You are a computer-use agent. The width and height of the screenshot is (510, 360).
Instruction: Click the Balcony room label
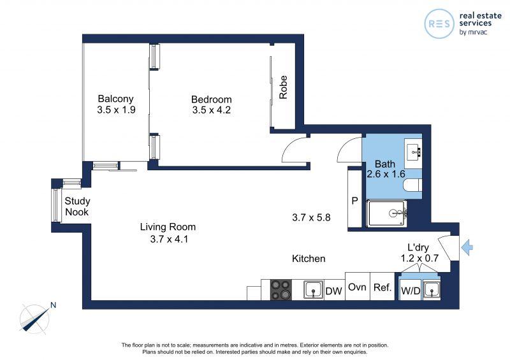pyautogui.click(x=116, y=99)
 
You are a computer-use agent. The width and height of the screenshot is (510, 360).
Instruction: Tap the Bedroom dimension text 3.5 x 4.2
pyautogui.click(x=212, y=110)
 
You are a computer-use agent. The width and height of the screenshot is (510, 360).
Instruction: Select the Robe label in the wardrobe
pyautogui.click(x=283, y=87)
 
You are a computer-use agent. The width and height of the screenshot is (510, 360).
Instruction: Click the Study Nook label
pyautogui.click(x=77, y=206)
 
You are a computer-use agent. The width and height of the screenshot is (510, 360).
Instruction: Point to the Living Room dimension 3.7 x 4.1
pyautogui.click(x=169, y=240)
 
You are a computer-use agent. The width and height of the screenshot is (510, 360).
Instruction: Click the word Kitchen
pyautogui.click(x=309, y=259)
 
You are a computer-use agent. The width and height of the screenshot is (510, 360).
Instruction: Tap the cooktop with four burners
pyautogui.click(x=281, y=289)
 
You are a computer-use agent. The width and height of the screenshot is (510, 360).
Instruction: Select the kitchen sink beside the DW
pyautogui.click(x=314, y=289)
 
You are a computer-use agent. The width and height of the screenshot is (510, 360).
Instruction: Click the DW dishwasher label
pyautogui.click(x=333, y=291)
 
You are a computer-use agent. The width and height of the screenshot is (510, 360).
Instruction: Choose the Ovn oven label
pyautogui.click(x=357, y=287)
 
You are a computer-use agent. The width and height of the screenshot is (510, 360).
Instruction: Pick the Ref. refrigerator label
pyautogui.click(x=382, y=287)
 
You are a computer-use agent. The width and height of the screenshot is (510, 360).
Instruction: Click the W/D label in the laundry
pyautogui.click(x=411, y=291)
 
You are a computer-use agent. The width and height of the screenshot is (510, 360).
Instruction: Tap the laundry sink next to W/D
pyautogui.click(x=432, y=289)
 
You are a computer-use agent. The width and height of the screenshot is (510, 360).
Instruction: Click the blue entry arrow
pyautogui.click(x=467, y=247)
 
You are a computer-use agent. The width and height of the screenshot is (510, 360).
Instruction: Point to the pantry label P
pyautogui.click(x=355, y=201)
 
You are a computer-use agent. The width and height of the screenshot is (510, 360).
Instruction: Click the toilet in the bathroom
pyautogui.click(x=412, y=185)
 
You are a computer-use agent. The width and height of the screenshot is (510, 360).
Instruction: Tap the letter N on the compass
pyautogui.click(x=54, y=305)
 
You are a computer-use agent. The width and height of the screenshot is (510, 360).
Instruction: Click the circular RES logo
pyautogui.click(x=439, y=24)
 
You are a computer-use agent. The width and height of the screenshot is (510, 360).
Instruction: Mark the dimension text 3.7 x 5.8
pyautogui.click(x=311, y=217)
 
